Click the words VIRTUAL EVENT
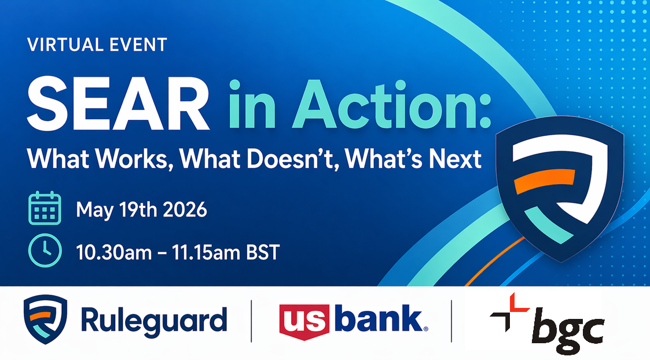(x=97, y=45)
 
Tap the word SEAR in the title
(x=118, y=104)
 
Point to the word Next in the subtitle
(x=455, y=159)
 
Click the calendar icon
(x=45, y=208)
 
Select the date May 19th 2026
(x=141, y=210)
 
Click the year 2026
(x=185, y=210)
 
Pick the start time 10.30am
(x=114, y=252)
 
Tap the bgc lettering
(x=568, y=330)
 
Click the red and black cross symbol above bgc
(x=509, y=312)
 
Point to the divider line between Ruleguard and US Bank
(x=251, y=321)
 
